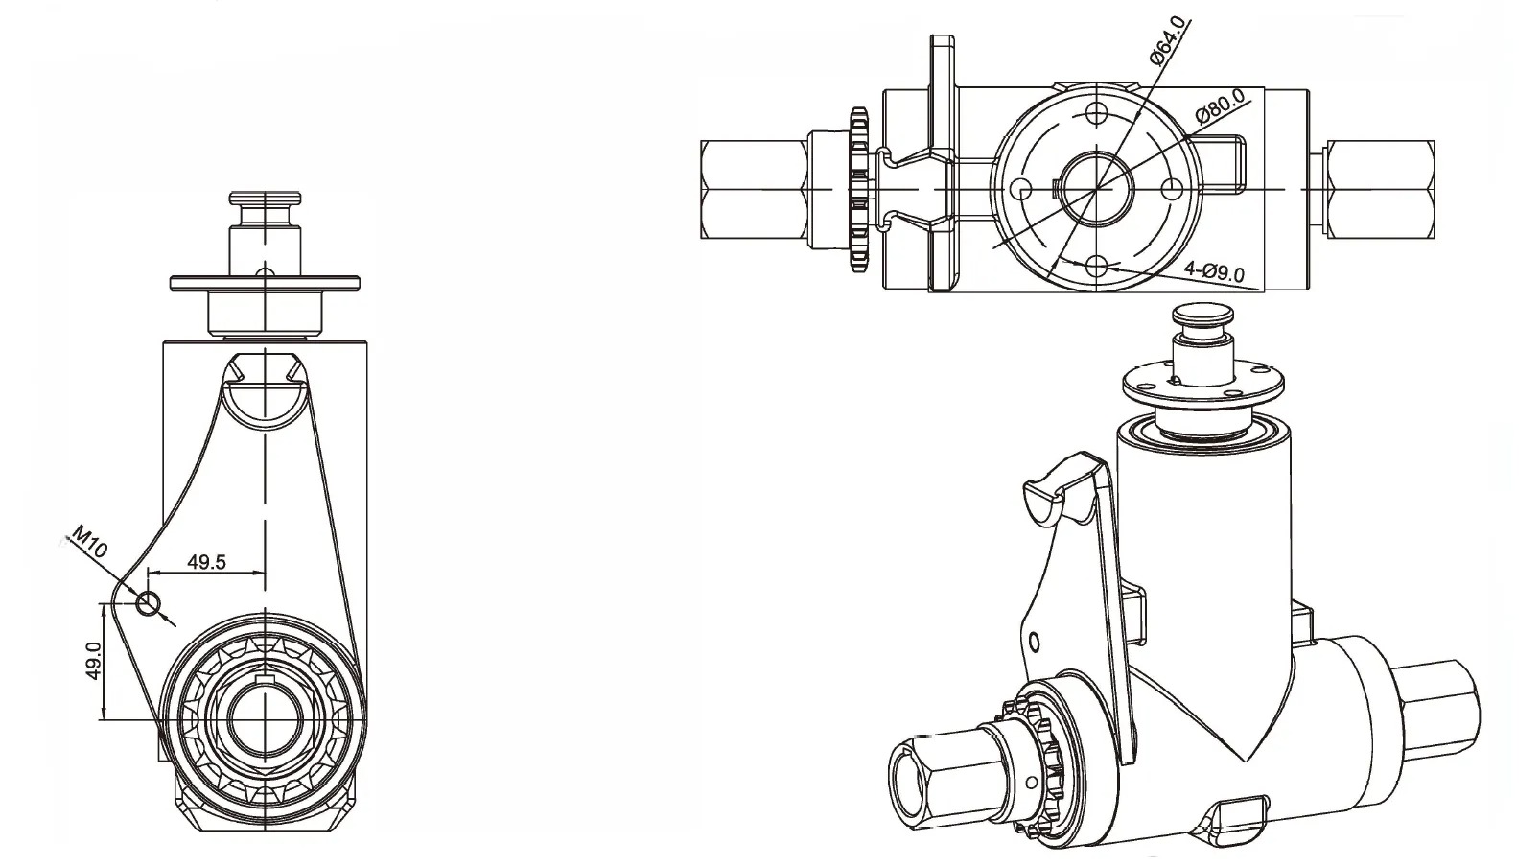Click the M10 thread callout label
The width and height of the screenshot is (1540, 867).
click(89, 543)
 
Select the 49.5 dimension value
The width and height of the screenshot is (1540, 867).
click(206, 562)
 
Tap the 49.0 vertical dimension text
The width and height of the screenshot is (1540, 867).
click(93, 662)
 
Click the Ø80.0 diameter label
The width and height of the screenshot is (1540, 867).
click(1220, 105)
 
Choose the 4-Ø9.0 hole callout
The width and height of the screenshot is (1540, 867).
click(1213, 271)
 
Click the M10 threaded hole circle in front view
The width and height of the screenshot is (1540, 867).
click(148, 603)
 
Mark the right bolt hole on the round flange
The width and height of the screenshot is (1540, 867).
click(1171, 189)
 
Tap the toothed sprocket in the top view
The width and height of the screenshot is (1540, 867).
click(858, 189)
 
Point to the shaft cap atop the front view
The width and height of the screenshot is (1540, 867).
click(264, 204)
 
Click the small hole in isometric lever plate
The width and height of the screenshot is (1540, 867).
click(1034, 641)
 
